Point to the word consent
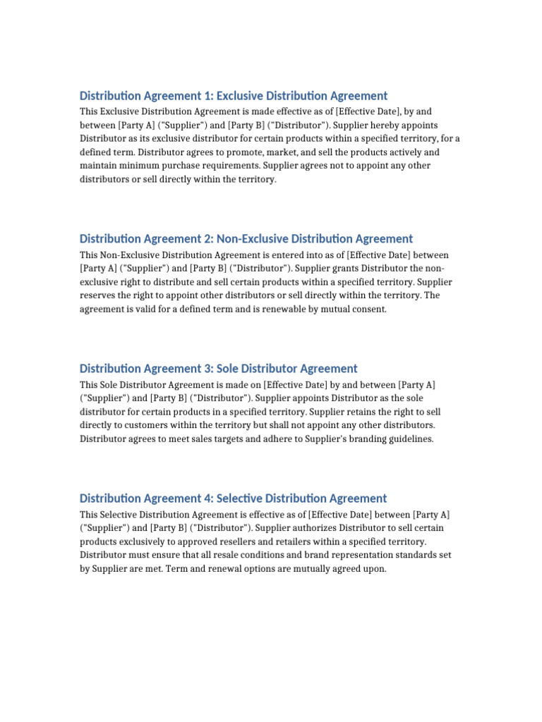pos(369,309)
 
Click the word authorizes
pos(317,528)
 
